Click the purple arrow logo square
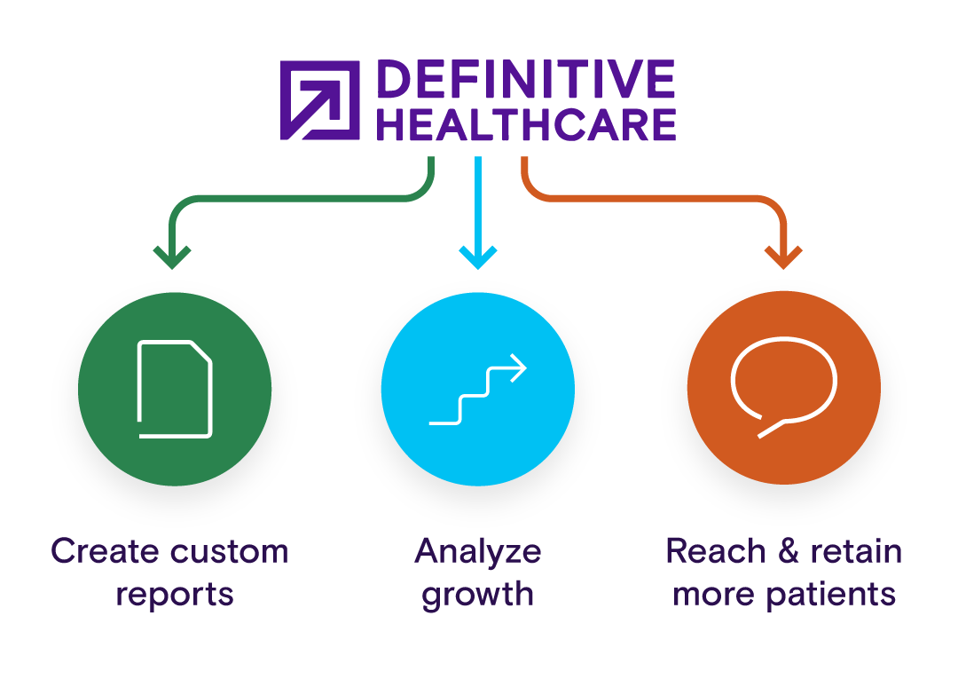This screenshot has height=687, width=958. [x=319, y=100]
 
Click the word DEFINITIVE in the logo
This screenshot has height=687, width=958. [x=526, y=79]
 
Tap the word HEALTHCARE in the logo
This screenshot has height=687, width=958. [x=526, y=124]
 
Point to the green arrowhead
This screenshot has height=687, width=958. [x=172, y=257]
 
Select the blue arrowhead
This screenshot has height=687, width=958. [x=478, y=257]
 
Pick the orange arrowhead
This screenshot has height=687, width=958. [x=783, y=257]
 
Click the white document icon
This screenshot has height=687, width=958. [x=175, y=389]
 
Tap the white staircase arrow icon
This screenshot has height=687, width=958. [x=478, y=389]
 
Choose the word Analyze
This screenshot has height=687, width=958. [x=478, y=552]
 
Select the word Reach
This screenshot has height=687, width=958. [x=716, y=550]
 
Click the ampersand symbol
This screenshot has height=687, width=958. [x=789, y=550]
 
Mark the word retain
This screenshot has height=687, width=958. [x=856, y=550]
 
